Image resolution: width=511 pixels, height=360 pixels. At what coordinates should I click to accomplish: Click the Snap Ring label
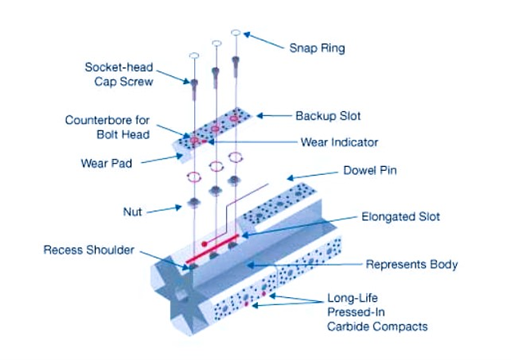(x=316, y=48)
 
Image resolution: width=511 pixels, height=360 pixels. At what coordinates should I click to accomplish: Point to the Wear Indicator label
(x=339, y=142)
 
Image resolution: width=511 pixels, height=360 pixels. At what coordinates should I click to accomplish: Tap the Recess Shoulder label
(x=88, y=250)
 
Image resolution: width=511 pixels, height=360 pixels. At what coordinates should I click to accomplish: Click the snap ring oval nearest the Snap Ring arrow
(x=236, y=33)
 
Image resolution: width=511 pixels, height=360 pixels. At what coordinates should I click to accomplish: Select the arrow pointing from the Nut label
(x=167, y=208)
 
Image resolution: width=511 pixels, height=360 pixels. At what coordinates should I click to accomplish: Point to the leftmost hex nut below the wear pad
(x=194, y=201)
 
